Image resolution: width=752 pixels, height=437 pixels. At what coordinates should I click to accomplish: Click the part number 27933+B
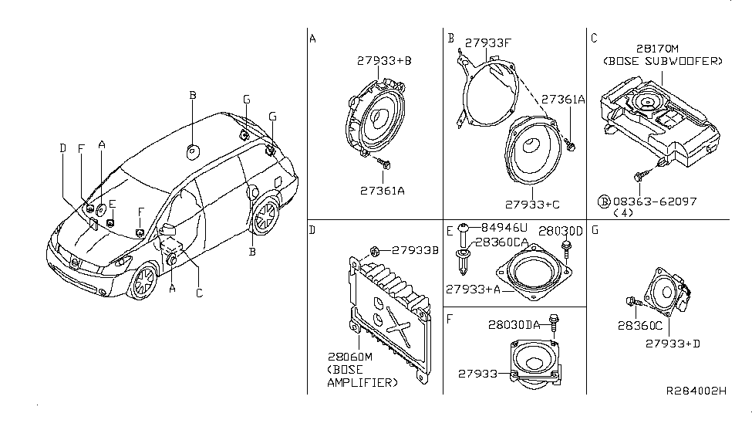(385, 59)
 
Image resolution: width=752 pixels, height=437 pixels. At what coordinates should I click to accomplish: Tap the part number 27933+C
(531, 205)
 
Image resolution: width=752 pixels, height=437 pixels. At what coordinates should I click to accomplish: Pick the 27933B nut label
(415, 250)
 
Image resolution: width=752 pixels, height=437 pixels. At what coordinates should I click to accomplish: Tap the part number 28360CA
(503, 242)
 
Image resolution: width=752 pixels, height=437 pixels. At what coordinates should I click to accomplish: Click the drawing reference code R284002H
(696, 391)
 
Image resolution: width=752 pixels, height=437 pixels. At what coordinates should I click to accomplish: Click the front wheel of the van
(144, 283)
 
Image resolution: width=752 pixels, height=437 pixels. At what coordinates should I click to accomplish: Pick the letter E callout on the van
(111, 204)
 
